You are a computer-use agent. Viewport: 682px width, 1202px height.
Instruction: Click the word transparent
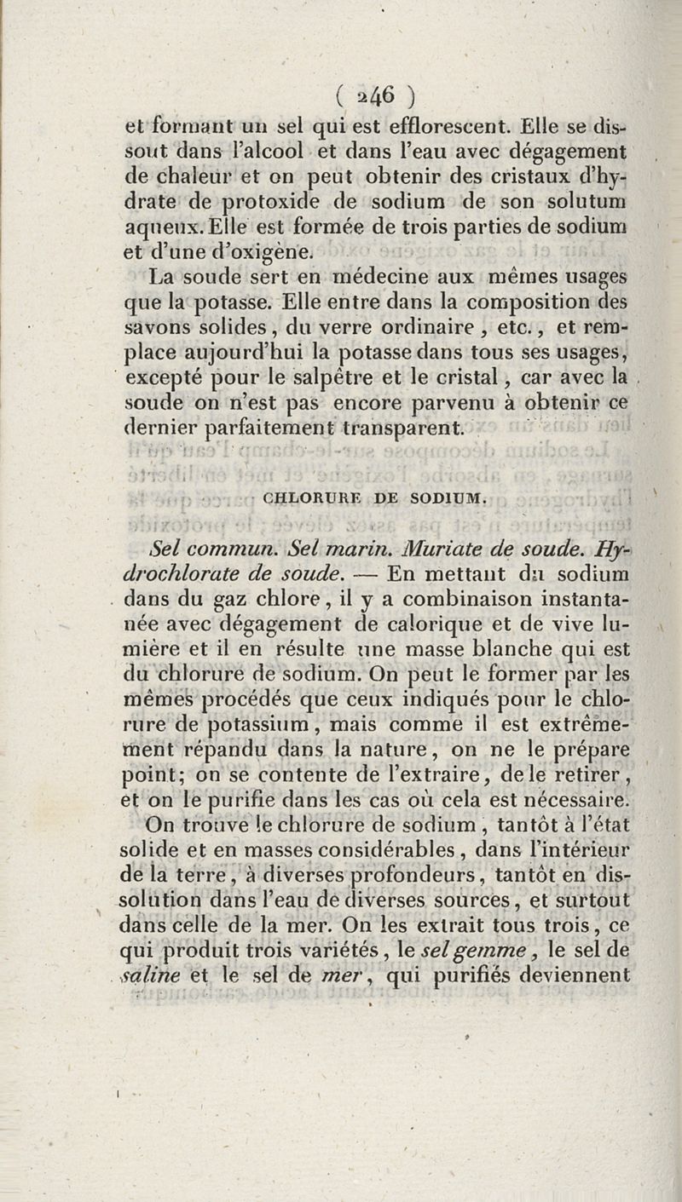coord(404,424)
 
